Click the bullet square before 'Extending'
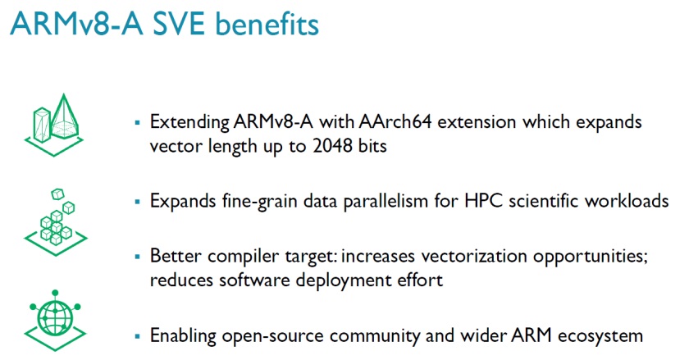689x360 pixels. click(x=137, y=122)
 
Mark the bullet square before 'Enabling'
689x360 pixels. click(x=137, y=335)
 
